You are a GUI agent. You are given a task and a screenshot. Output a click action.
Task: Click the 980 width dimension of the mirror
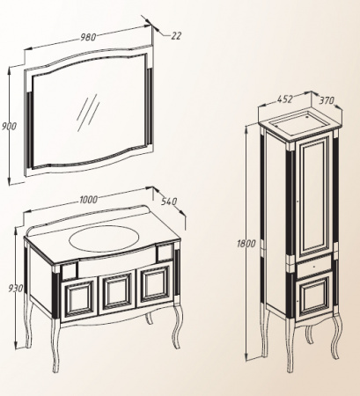click(88, 37)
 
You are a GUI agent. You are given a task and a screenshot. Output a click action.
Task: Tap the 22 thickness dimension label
click(176, 36)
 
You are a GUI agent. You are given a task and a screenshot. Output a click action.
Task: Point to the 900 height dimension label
click(9, 127)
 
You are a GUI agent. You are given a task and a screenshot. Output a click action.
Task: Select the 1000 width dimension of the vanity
click(88, 200)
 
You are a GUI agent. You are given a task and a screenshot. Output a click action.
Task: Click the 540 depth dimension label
click(169, 201)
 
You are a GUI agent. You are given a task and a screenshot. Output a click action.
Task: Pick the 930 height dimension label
click(15, 289)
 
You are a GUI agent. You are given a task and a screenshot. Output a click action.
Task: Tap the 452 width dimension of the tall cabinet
click(285, 99)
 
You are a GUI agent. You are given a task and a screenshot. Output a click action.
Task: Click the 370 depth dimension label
click(327, 100)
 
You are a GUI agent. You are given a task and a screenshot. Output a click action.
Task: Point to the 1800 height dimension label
click(246, 244)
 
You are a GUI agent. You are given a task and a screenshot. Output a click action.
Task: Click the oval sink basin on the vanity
click(105, 238)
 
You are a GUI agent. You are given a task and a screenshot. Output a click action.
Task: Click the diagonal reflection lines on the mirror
click(87, 113)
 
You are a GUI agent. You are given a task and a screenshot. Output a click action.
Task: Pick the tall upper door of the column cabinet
click(315, 199)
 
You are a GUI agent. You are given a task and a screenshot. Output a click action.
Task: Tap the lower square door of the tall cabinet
click(314, 295)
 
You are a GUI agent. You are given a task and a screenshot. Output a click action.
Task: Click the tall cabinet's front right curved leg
click(335, 335)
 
